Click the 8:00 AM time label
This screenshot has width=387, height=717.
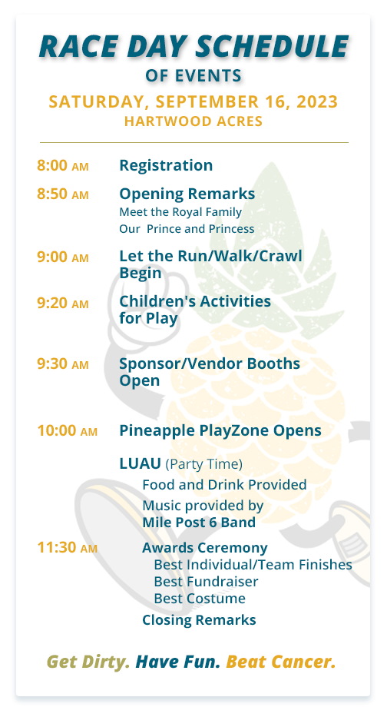click(x=63, y=165)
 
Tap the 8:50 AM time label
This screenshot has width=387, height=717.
click(x=63, y=194)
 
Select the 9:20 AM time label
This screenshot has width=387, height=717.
click(x=63, y=303)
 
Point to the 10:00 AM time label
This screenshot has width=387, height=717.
click(x=67, y=430)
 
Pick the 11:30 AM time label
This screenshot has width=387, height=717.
click(x=67, y=547)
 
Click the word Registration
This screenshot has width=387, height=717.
click(x=166, y=165)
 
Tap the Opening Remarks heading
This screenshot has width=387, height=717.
click(x=187, y=194)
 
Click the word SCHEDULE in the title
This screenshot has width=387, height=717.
click(x=273, y=46)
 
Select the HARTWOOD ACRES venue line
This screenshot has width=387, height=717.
click(x=193, y=121)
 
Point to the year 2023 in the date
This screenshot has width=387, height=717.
click(x=318, y=101)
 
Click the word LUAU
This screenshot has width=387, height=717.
click(x=140, y=463)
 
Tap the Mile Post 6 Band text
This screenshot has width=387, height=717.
click(x=199, y=523)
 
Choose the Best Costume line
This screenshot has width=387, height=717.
click(x=200, y=599)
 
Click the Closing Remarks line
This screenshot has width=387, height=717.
click(x=199, y=620)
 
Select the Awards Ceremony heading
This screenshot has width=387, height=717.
click(x=205, y=548)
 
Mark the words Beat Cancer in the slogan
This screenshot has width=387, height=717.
click(x=281, y=662)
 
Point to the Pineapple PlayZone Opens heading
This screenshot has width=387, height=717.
click(x=220, y=431)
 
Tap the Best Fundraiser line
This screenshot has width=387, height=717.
click(x=206, y=582)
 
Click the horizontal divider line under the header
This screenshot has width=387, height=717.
click(x=194, y=143)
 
